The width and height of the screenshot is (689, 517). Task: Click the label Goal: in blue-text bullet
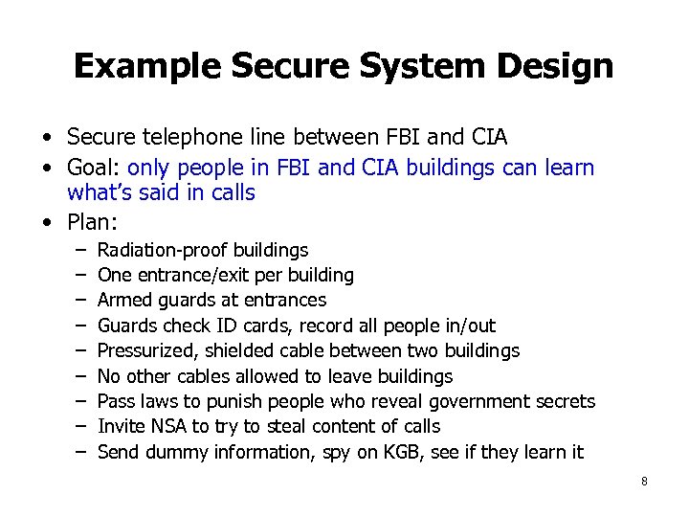[x=94, y=169]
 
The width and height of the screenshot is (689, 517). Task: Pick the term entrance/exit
[x=201, y=276]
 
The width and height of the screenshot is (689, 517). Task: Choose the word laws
[x=155, y=401]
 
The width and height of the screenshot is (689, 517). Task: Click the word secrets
[x=564, y=401]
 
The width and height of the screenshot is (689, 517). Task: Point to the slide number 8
[x=644, y=482]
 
